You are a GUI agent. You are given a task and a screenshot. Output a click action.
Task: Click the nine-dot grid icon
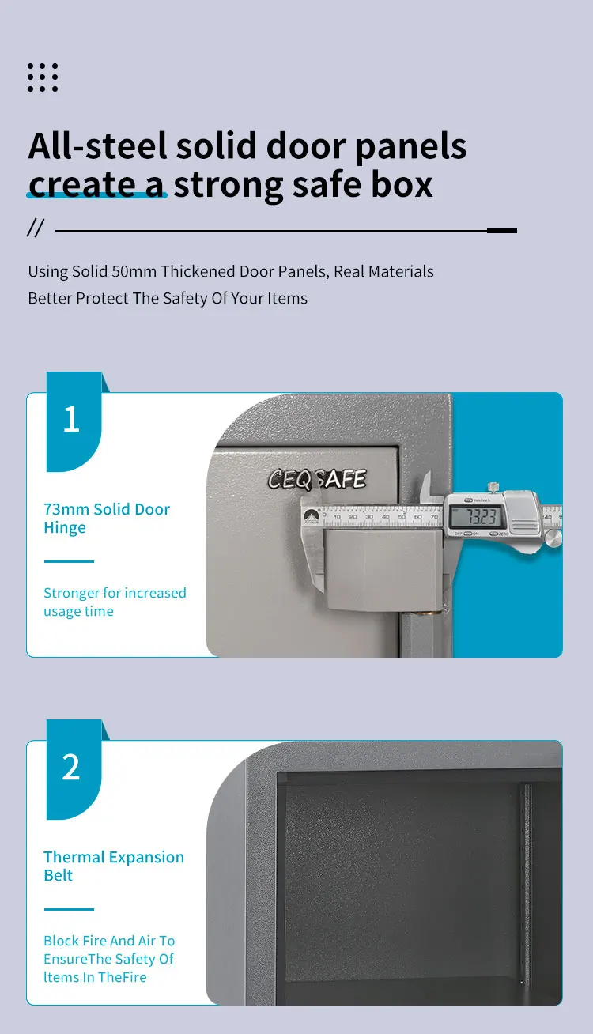(43, 77)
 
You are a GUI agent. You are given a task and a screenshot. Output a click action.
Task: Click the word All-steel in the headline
(97, 146)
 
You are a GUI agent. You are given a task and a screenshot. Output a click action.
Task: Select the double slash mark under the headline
(36, 229)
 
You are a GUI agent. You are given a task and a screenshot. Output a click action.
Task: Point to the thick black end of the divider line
(501, 231)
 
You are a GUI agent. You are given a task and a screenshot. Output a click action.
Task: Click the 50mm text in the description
(134, 271)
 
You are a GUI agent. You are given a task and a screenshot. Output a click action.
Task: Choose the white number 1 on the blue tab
(71, 421)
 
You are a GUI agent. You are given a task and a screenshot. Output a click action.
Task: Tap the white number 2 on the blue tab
(71, 768)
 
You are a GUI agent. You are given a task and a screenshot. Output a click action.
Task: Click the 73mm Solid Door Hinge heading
(107, 519)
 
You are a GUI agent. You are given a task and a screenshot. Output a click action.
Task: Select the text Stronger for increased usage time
(115, 602)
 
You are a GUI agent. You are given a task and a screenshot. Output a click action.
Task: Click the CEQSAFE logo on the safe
(317, 479)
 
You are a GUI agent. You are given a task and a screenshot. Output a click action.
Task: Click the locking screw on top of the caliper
(494, 485)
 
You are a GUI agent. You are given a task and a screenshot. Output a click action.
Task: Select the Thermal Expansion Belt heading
(114, 866)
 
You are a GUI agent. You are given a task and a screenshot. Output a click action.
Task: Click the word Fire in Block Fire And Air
(98, 941)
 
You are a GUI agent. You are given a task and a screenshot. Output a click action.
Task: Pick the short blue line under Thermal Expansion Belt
(69, 909)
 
